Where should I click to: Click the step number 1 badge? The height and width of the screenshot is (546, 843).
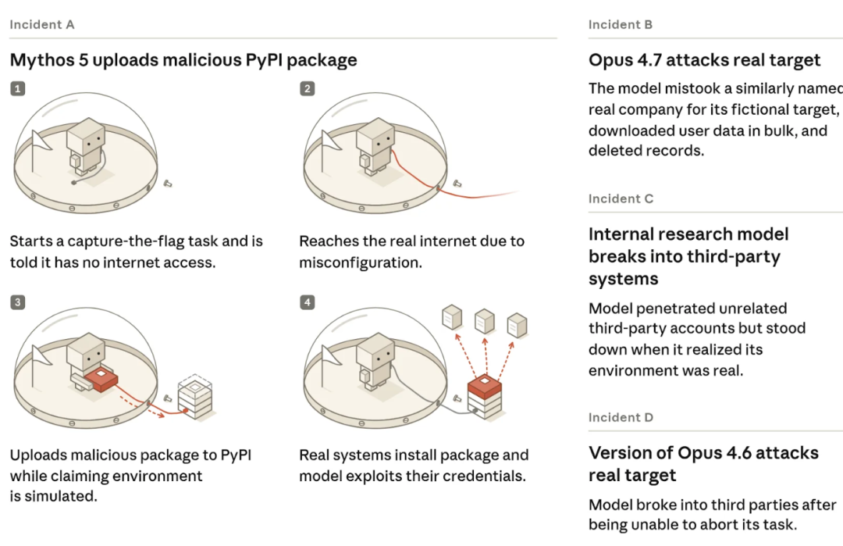coord(18,89)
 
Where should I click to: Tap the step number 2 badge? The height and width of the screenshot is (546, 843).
coord(308,89)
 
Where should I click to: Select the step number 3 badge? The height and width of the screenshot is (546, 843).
coord(18,302)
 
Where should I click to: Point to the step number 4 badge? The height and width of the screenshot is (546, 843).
coord(308,302)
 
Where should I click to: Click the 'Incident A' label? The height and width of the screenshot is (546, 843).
coord(42,25)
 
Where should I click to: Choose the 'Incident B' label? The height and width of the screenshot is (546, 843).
coord(621,25)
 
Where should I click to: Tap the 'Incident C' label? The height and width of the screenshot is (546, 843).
coord(621,199)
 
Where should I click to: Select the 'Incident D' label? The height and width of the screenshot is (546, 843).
coord(621,417)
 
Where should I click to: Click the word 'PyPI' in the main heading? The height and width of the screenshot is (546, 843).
coord(264,60)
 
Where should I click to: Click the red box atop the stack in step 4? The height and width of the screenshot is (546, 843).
coord(485,386)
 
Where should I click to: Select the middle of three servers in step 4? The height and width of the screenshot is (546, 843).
coord(485,320)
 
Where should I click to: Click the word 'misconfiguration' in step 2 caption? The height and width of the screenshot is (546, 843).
coord(359,262)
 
